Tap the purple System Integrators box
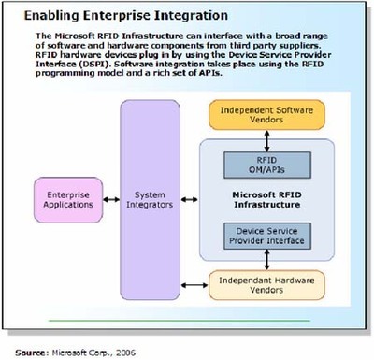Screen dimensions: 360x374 pyautogui.click(x=153, y=195)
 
